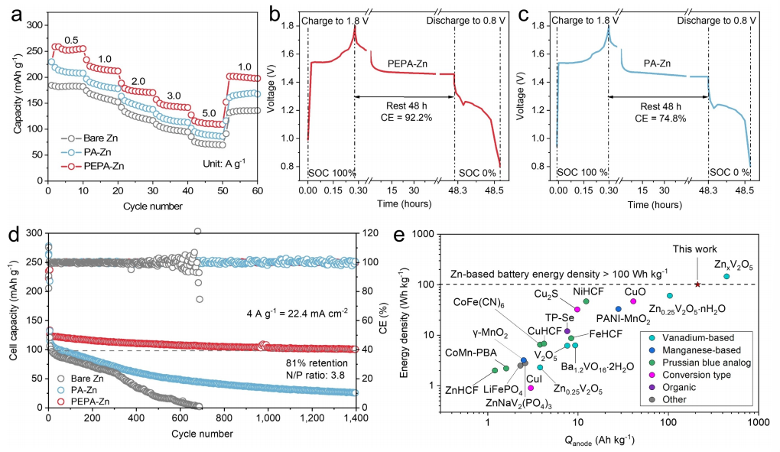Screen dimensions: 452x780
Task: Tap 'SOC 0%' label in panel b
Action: pyautogui.click(x=477, y=173)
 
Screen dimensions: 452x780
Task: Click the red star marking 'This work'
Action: pyautogui.click(x=697, y=285)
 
